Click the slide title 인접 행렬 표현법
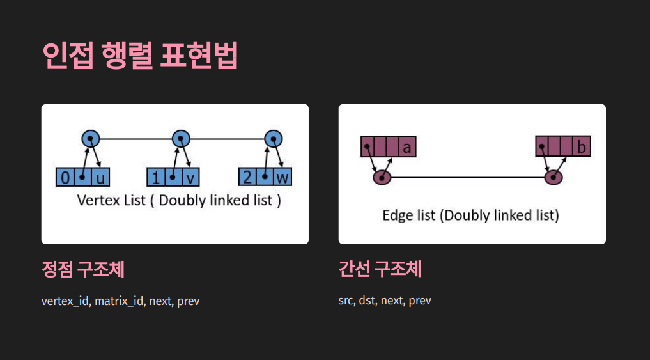[139, 56]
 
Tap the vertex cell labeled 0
[65, 177]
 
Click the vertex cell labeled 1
[155, 177]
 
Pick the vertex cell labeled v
[190, 177]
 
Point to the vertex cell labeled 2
[246, 177]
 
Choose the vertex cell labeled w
[282, 177]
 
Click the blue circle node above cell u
[91, 138]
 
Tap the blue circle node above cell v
[182, 138]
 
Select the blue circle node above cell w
[274, 138]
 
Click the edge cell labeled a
[406, 147]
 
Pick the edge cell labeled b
[581, 147]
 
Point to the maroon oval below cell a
[382, 177]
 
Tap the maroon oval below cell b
[553, 177]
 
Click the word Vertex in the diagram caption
[95, 200]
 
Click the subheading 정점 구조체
[83, 270]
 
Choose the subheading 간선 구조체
[380, 270]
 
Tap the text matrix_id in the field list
[119, 301]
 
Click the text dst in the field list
[367, 301]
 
